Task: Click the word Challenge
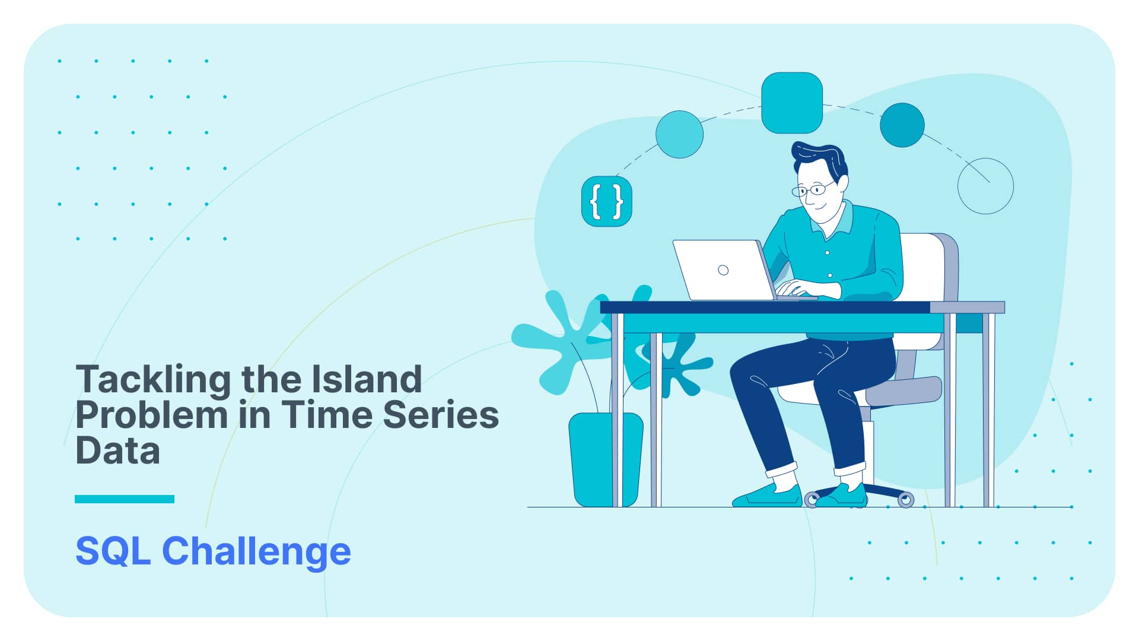coord(256,553)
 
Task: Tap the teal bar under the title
coord(125,499)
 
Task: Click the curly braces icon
coord(607,201)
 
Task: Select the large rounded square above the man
coord(792,103)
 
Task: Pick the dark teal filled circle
coord(902,125)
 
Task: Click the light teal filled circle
coord(680,134)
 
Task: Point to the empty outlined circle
coord(985,158)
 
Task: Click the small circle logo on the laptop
coord(723,270)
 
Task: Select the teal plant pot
coord(605,459)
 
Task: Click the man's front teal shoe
coord(768,496)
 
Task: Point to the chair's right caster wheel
coord(906,500)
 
